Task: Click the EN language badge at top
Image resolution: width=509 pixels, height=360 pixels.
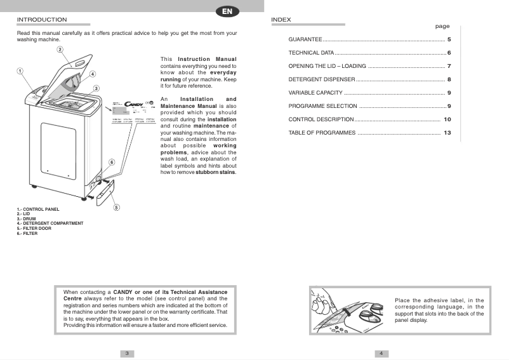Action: pyautogui.click(x=227, y=11)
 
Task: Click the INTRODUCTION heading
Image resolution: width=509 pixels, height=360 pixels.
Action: pyautogui.click(x=42, y=20)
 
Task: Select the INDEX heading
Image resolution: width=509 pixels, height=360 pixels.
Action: pyautogui.click(x=281, y=20)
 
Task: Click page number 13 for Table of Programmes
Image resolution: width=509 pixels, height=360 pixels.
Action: pyautogui.click(x=447, y=133)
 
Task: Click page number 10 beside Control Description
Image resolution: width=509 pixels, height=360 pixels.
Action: pyautogui.click(x=447, y=119)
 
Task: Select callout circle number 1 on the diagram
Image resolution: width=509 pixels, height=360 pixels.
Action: pyautogui.click(x=20, y=71)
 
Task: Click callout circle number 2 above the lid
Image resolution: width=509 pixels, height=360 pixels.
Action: pyautogui.click(x=59, y=50)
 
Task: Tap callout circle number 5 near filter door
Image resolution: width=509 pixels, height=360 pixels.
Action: pyautogui.click(x=117, y=208)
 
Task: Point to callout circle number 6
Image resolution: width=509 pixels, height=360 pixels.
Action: pyautogui.click(x=112, y=163)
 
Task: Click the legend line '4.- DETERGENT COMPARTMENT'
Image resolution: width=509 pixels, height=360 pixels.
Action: pyautogui.click(x=50, y=223)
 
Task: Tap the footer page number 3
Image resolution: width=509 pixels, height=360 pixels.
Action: pyautogui.click(x=127, y=353)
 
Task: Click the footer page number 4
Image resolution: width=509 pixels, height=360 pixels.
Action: pyautogui.click(x=381, y=353)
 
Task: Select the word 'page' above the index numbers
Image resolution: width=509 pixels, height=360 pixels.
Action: pyautogui.click(x=442, y=27)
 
